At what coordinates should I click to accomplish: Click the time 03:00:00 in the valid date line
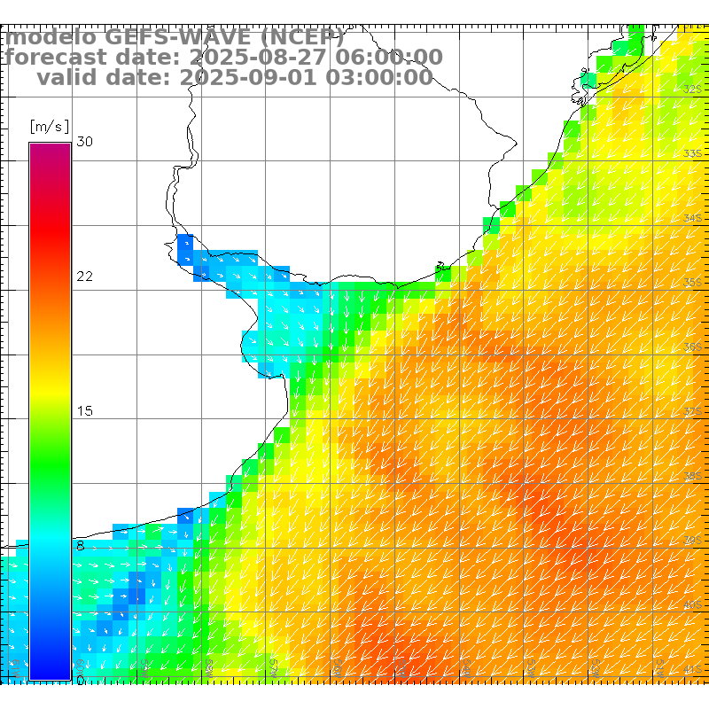click(382, 78)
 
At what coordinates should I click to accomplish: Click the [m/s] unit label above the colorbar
click(49, 127)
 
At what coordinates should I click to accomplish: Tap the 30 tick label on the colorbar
click(84, 142)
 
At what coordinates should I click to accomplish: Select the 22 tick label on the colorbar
click(84, 277)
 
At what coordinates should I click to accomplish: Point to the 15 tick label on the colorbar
click(84, 411)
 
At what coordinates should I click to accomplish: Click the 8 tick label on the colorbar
click(80, 546)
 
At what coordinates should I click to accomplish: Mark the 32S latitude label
click(693, 90)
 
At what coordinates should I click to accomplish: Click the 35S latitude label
click(693, 283)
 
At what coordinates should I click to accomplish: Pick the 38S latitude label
click(693, 476)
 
